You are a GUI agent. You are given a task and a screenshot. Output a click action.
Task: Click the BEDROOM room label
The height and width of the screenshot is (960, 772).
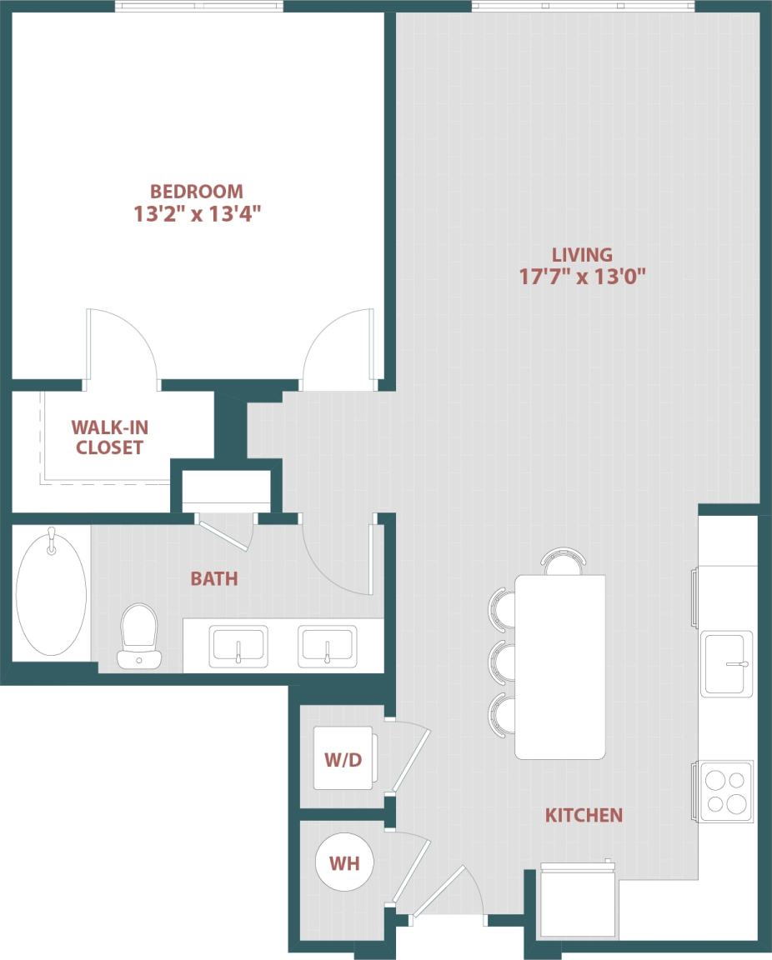[197, 191]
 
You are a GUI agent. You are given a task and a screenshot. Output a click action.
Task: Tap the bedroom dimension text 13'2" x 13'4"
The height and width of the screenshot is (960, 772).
[198, 214]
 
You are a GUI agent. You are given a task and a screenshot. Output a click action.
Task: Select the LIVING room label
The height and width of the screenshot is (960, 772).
[582, 254]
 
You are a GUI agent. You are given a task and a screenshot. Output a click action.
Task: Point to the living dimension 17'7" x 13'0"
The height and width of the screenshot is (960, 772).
[583, 277]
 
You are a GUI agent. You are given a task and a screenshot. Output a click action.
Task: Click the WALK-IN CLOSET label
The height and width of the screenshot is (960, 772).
[109, 437]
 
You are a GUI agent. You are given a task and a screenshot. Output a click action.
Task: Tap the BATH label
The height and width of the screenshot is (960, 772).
[214, 578]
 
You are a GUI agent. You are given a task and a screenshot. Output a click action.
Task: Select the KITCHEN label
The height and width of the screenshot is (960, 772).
[584, 815]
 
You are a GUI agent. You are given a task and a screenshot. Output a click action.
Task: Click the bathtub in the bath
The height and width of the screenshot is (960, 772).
[51, 593]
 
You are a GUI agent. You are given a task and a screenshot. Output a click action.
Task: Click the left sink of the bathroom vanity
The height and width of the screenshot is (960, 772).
[238, 647]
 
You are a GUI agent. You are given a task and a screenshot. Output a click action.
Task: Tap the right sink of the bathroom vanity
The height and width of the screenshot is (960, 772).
[328, 647]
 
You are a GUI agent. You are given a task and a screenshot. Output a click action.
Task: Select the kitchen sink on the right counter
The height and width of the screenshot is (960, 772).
[726, 663]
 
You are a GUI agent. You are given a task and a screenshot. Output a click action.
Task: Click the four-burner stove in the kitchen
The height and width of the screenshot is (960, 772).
[725, 791]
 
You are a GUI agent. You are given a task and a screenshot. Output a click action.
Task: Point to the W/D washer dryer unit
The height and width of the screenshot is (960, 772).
[343, 759]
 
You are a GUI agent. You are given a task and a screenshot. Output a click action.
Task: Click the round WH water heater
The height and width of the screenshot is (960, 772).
[344, 863]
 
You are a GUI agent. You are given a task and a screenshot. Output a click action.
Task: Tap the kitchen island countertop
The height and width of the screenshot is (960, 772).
[560, 667]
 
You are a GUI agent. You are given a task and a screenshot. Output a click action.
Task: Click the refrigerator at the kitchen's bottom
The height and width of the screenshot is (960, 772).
[578, 900]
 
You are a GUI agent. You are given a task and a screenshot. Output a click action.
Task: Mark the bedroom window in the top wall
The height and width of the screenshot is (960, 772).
[198, 7]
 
